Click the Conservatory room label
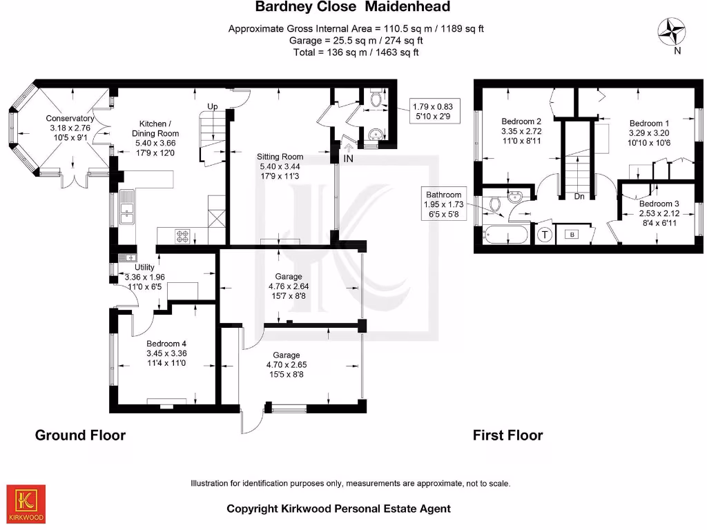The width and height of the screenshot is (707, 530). [70, 119]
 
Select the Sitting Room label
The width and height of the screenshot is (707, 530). [280, 157]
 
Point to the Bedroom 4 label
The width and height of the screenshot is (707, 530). [166, 344]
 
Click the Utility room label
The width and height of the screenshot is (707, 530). [145, 267]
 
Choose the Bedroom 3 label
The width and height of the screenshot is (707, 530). [659, 204]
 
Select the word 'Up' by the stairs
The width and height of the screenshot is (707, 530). [213, 107]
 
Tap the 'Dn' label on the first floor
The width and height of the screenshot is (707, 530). [580, 196]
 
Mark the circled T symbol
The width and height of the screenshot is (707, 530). [544, 235]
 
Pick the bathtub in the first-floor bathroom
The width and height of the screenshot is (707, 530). [506, 235]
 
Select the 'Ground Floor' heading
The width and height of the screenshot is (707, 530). [80, 435]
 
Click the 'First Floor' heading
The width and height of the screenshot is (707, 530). [507, 435]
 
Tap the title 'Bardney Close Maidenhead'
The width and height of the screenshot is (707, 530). [353, 8]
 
